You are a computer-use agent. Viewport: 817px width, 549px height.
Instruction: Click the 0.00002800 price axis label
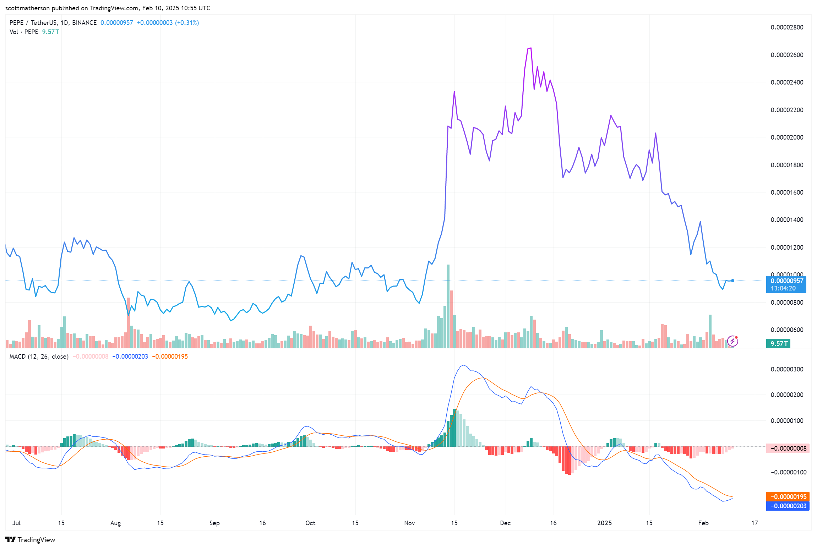[x=786, y=27]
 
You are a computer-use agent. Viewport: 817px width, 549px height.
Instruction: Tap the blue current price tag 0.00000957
[x=786, y=281]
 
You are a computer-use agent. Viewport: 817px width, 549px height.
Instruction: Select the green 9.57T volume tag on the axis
[x=778, y=343]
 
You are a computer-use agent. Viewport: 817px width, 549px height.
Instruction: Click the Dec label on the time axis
[x=505, y=523]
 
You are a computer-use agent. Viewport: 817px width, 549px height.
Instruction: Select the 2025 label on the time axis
[x=604, y=523]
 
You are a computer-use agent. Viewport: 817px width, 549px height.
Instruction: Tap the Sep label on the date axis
[x=214, y=523]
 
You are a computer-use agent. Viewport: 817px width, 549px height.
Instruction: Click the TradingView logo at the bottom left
[x=31, y=540]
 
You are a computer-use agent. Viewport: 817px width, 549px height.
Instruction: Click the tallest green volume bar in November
[x=448, y=305]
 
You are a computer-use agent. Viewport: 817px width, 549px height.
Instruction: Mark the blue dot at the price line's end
[x=732, y=281]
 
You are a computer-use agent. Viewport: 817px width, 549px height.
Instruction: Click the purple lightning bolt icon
[x=732, y=341]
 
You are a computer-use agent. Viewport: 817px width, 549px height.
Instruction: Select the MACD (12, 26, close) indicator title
[x=39, y=357]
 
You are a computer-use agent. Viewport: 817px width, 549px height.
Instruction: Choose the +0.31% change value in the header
[x=187, y=23]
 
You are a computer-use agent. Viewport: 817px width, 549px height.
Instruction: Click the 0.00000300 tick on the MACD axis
[x=786, y=369]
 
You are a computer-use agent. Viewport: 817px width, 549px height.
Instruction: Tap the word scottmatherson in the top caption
[x=27, y=8]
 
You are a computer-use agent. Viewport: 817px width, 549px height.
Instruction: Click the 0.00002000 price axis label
[x=786, y=137]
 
